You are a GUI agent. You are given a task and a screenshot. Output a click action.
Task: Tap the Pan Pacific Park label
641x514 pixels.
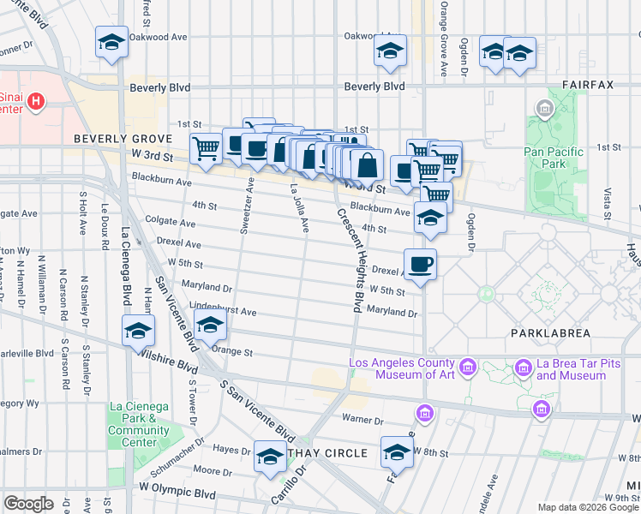(x=554, y=158)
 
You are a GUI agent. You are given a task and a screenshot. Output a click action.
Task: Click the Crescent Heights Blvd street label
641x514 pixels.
(x=350, y=257)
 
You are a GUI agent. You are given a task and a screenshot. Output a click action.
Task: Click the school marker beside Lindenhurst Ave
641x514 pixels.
(x=210, y=326)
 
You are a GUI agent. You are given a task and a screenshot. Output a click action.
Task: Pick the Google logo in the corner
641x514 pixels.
(x=28, y=504)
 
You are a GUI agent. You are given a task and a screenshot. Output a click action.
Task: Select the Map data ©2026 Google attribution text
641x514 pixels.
(x=588, y=507)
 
